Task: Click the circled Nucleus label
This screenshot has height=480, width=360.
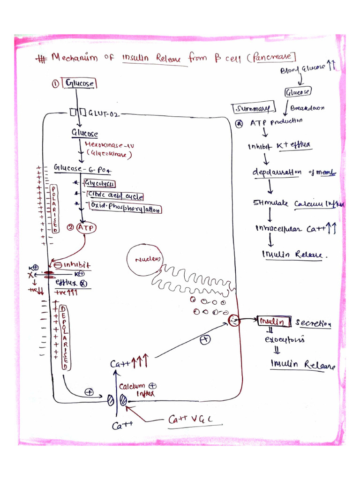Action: click(145, 260)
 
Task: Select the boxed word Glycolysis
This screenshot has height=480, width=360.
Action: click(100, 183)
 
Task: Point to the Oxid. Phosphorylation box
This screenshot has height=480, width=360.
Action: click(124, 209)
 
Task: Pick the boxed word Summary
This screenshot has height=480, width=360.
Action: click(253, 109)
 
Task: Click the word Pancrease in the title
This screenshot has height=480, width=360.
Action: click(274, 57)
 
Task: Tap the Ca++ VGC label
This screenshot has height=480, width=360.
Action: click(190, 420)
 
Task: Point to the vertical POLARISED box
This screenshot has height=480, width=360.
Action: click(55, 209)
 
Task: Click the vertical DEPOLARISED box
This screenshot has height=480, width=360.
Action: click(66, 337)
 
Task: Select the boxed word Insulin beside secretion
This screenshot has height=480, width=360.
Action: click(272, 322)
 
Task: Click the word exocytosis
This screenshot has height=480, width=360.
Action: click(285, 339)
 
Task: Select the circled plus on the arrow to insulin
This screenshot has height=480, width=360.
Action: click(205, 339)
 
